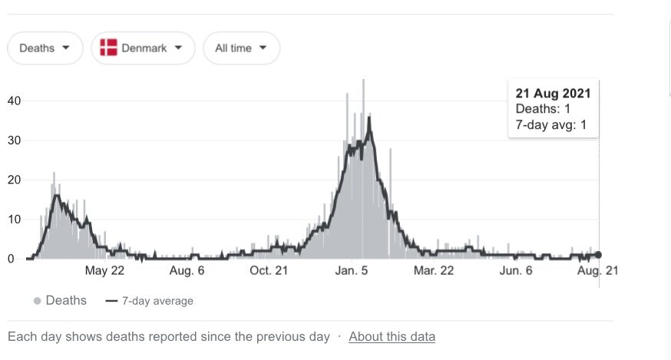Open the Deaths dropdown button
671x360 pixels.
coord(45,48)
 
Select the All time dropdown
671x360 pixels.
coord(241,48)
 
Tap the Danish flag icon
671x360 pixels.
coord(108,48)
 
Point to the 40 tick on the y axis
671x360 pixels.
coord(14,101)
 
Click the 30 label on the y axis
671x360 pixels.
coord(14,140)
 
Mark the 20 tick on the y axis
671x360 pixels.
coord(14,180)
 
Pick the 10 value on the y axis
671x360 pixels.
coord(14,220)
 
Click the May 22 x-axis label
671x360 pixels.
coord(105,270)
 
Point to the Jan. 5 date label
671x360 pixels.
coord(352,270)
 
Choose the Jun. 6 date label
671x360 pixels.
coord(516,270)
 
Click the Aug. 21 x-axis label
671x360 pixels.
coord(597,270)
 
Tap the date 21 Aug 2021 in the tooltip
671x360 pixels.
coord(553,94)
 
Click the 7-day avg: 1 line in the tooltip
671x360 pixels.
coord(551,125)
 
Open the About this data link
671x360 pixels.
coord(392,336)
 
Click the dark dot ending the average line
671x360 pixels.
coord(599,255)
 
